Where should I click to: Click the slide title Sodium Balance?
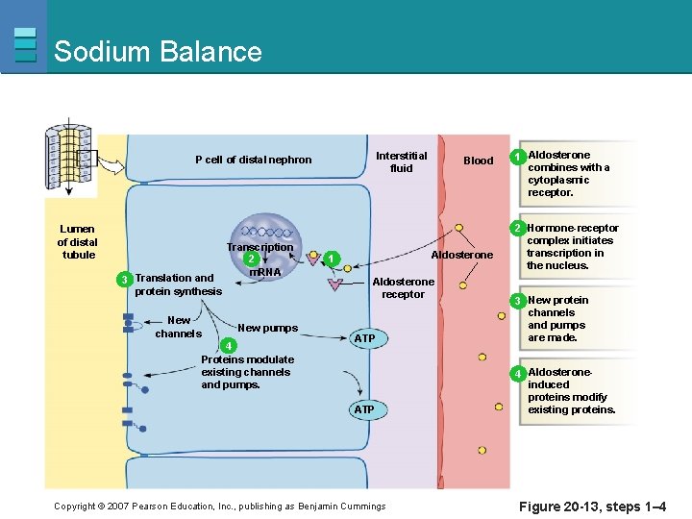tap(158, 51)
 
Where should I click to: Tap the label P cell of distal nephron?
tap(253, 160)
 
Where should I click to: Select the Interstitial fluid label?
tap(401, 161)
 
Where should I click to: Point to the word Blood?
tap(478, 161)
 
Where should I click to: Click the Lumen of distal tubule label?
tap(78, 242)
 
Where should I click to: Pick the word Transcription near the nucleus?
tap(259, 247)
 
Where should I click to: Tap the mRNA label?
tap(264, 272)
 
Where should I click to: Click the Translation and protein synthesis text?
tap(178, 284)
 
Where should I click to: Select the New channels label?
tap(179, 327)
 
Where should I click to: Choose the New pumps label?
tap(267, 328)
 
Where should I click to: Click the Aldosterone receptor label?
tap(403, 288)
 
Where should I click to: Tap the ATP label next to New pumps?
tap(364, 338)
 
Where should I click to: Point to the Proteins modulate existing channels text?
tap(246, 372)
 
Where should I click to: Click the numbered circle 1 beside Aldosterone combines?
tap(517, 157)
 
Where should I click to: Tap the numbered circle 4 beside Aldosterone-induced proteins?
tap(517, 373)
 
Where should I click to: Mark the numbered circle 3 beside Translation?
tap(123, 279)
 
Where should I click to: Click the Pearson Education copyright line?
tap(219, 507)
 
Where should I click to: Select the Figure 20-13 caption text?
tap(592, 507)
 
